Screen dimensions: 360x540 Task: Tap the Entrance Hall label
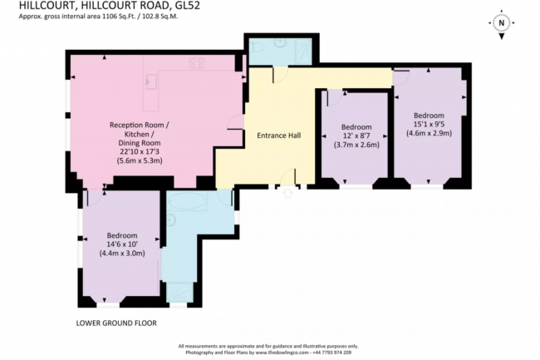[278, 136]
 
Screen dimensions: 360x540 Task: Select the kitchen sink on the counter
[152, 80]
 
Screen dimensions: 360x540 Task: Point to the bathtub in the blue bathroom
[189, 202]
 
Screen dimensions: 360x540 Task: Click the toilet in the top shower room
[260, 50]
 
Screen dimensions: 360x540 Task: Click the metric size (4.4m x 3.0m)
[121, 254]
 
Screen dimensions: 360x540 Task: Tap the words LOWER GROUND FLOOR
[116, 323]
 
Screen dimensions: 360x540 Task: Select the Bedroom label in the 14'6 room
[121, 235]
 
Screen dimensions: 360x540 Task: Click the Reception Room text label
[140, 125]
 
